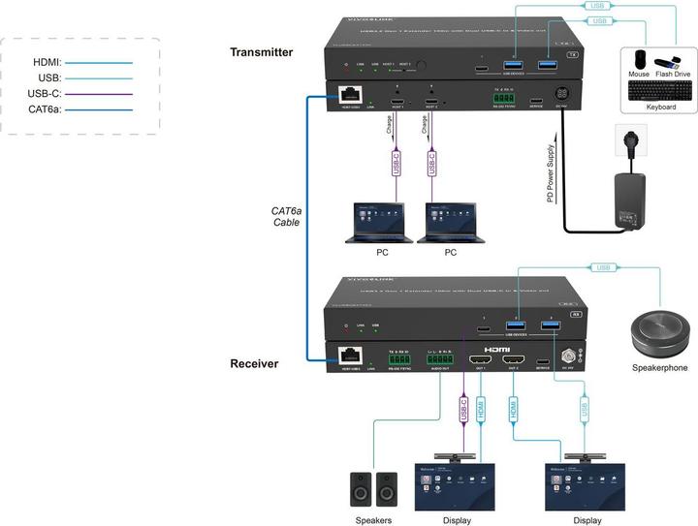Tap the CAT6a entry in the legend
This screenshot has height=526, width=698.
(43, 109)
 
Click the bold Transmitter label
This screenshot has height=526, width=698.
(262, 52)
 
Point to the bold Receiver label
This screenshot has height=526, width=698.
(254, 363)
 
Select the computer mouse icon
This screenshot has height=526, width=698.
(640, 61)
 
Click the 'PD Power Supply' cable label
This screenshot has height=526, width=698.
(550, 174)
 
